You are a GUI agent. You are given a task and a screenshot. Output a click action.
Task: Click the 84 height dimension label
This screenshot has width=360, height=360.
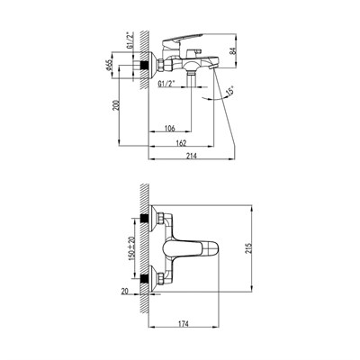pyautogui.click(x=233, y=50)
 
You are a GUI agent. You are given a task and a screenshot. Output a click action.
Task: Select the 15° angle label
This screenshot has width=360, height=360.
pyautogui.click(x=230, y=91)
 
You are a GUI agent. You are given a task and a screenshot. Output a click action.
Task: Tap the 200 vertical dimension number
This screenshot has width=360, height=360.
pyautogui.click(x=116, y=105)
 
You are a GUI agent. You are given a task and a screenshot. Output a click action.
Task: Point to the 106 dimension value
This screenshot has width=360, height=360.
pyautogui.click(x=169, y=129)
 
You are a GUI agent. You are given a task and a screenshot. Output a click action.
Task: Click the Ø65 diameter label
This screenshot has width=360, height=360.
pyautogui.click(x=109, y=65)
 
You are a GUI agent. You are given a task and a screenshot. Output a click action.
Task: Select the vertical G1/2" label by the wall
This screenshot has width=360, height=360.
pyautogui.click(x=130, y=40)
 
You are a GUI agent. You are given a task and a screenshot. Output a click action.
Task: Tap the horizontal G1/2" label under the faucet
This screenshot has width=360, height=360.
pyautogui.click(x=166, y=84)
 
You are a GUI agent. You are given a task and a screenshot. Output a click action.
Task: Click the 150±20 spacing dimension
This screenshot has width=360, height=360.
pyautogui.click(x=131, y=248)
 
